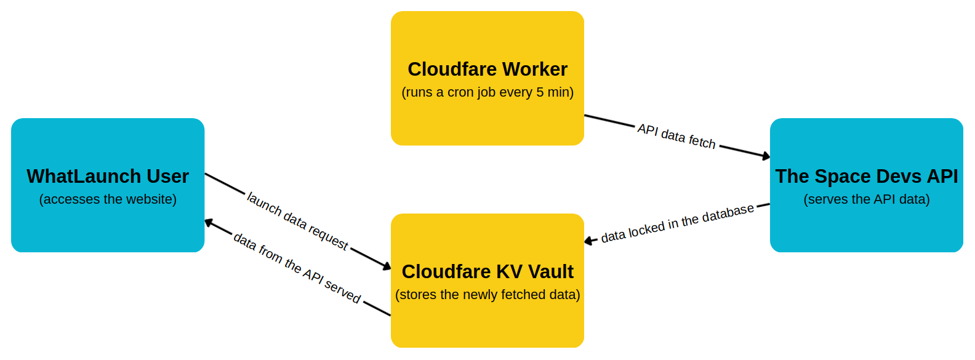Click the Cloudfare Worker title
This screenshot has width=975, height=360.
point(487,70)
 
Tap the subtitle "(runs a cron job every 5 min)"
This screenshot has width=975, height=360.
point(487,92)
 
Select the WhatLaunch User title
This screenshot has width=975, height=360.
point(108,177)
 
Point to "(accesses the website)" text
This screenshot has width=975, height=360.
point(108,199)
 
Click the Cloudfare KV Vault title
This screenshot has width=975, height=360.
point(487,271)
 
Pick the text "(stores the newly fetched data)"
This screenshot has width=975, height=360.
point(487,295)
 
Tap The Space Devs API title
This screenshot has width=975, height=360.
point(866,177)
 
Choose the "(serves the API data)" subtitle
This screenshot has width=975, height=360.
point(866,199)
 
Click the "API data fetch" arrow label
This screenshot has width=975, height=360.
point(676,136)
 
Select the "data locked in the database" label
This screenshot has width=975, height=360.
point(677,223)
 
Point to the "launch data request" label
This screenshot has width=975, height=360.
point(298,221)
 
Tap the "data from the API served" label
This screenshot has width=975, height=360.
point(297,268)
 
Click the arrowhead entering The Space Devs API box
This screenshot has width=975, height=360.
point(766,157)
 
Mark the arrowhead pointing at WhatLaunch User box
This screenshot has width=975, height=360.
point(209,222)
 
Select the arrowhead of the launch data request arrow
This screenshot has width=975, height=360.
point(387,266)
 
